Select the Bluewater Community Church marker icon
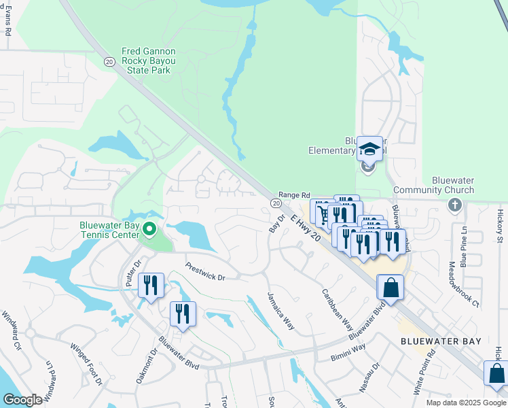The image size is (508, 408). pos(455,204)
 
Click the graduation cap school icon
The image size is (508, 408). pos(370,149)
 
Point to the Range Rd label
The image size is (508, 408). pos(294,194)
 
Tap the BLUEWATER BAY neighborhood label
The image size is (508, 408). pos(441,341)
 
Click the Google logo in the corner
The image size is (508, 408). pos(22,400)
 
